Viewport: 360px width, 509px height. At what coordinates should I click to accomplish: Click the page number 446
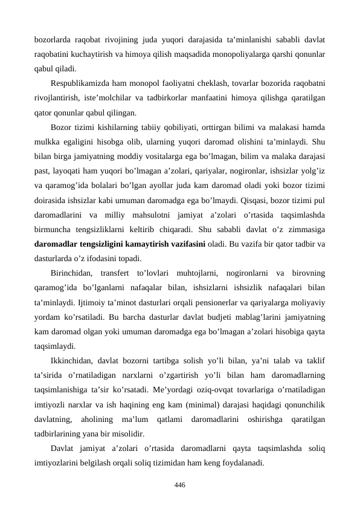pos(179,485)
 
